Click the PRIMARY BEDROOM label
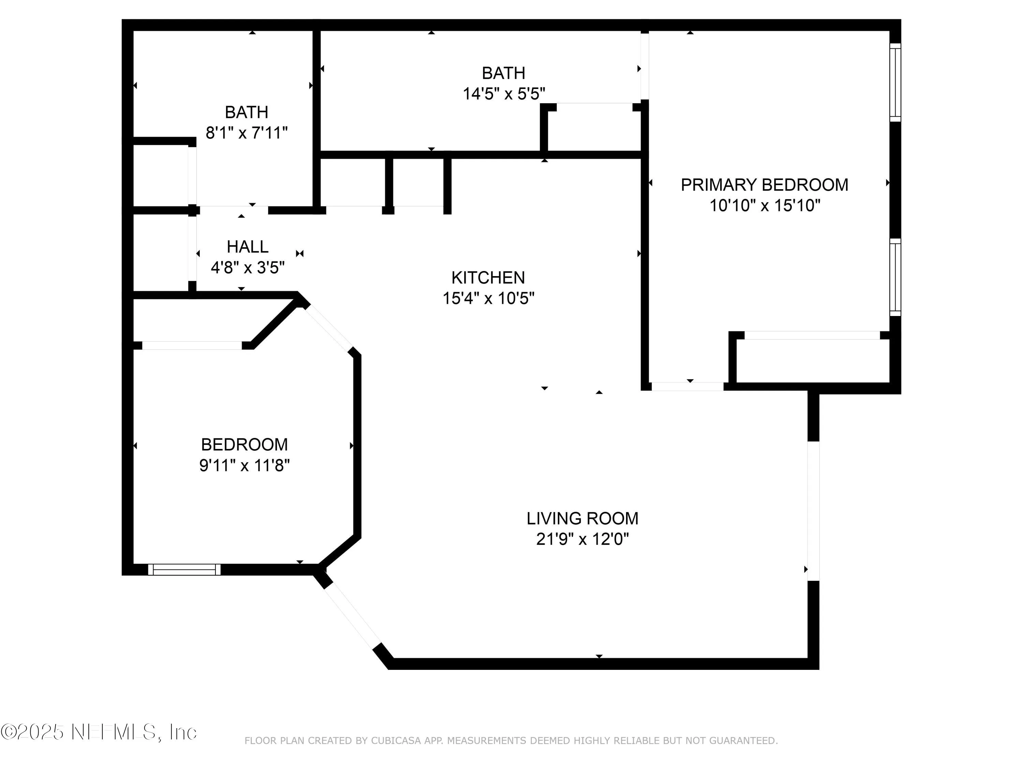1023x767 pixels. pyautogui.click(x=764, y=185)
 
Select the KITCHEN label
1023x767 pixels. pyautogui.click(x=488, y=278)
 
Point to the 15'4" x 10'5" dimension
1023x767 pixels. pyautogui.click(x=488, y=299)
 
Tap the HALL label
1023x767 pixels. pyautogui.click(x=248, y=247)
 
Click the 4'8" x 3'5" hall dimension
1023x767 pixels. pyautogui.click(x=248, y=268)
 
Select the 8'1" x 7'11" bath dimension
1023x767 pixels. pyautogui.click(x=247, y=133)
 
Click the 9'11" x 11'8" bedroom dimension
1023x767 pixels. pyautogui.click(x=244, y=465)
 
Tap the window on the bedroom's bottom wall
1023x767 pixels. pyautogui.click(x=184, y=570)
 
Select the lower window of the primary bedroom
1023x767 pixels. pyautogui.click(x=895, y=277)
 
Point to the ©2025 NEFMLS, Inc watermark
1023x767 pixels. pyautogui.click(x=99, y=732)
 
